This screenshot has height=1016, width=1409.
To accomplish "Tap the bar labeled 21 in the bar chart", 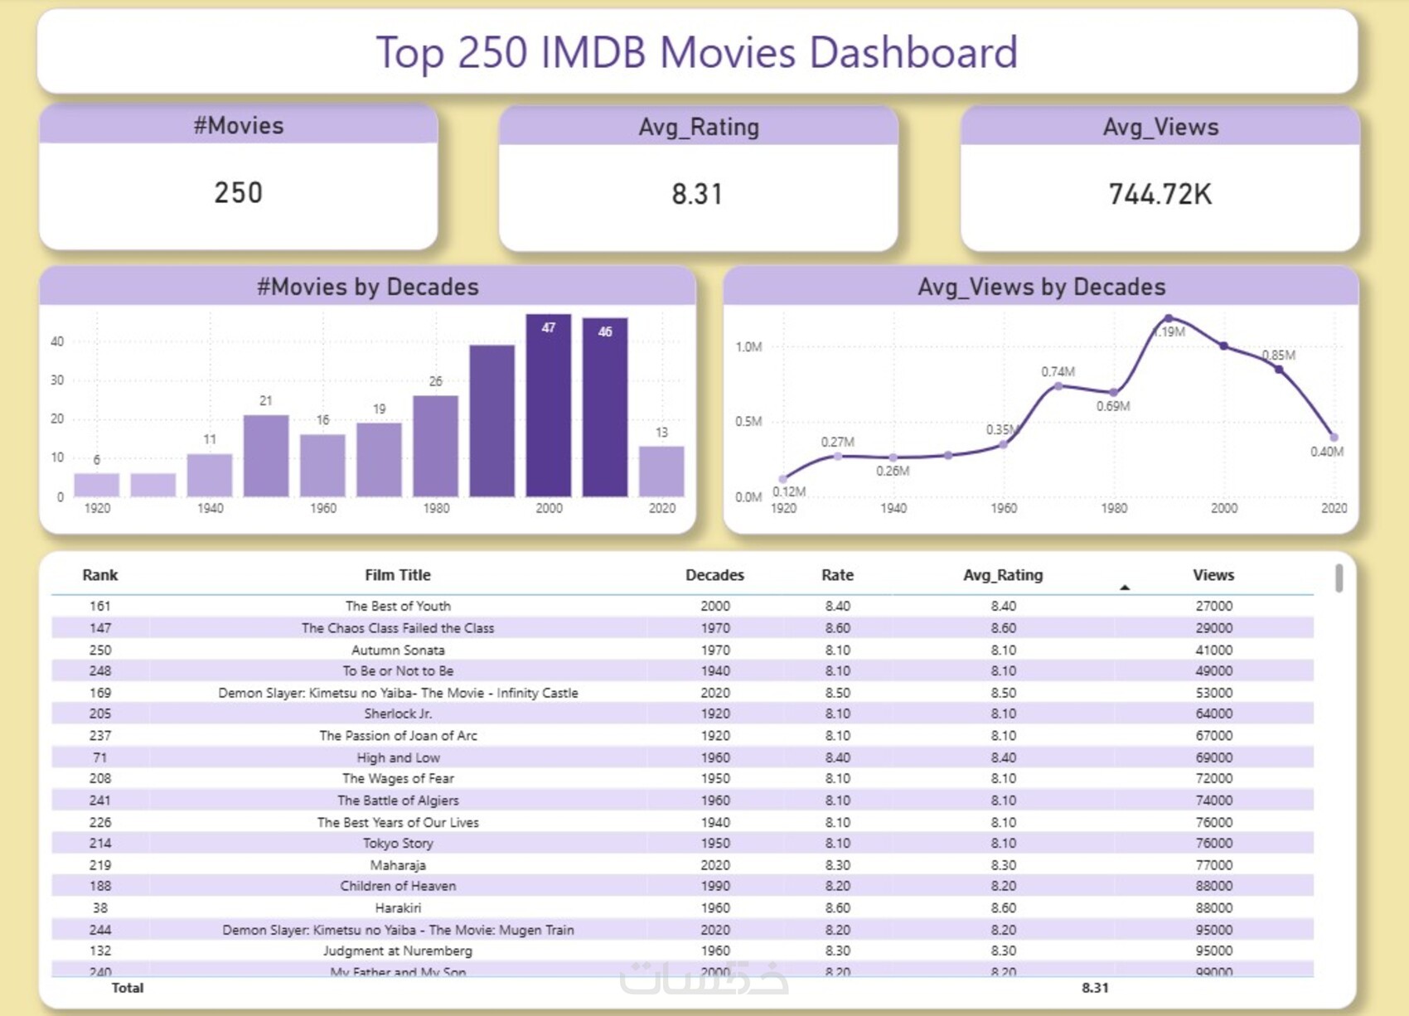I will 266,455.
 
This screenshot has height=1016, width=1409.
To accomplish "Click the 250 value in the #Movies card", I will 239,193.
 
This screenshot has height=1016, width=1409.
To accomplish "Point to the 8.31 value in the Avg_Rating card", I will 697,194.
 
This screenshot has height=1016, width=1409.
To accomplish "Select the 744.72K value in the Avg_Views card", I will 1160,194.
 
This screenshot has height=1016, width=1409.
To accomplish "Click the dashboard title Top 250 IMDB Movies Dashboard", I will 697,52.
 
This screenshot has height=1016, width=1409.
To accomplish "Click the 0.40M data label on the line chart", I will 1326,452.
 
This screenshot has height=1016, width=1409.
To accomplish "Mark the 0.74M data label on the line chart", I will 1058,371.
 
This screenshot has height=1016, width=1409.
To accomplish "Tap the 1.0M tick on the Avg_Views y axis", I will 748,346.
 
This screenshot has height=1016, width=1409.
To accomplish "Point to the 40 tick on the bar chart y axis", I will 57,341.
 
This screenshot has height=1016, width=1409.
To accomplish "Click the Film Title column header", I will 398,575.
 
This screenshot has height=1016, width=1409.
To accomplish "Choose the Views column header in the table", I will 1213,575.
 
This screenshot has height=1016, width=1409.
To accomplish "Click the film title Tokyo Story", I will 398,844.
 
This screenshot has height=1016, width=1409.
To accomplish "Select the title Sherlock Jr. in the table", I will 398,714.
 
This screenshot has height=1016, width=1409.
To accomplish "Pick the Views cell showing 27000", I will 1213,606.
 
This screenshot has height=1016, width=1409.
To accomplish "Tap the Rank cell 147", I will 100,628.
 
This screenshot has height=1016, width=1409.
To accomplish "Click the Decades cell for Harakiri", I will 714,908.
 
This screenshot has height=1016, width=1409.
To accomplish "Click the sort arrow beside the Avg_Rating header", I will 1125,588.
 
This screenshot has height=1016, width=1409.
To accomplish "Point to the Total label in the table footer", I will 128,988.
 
